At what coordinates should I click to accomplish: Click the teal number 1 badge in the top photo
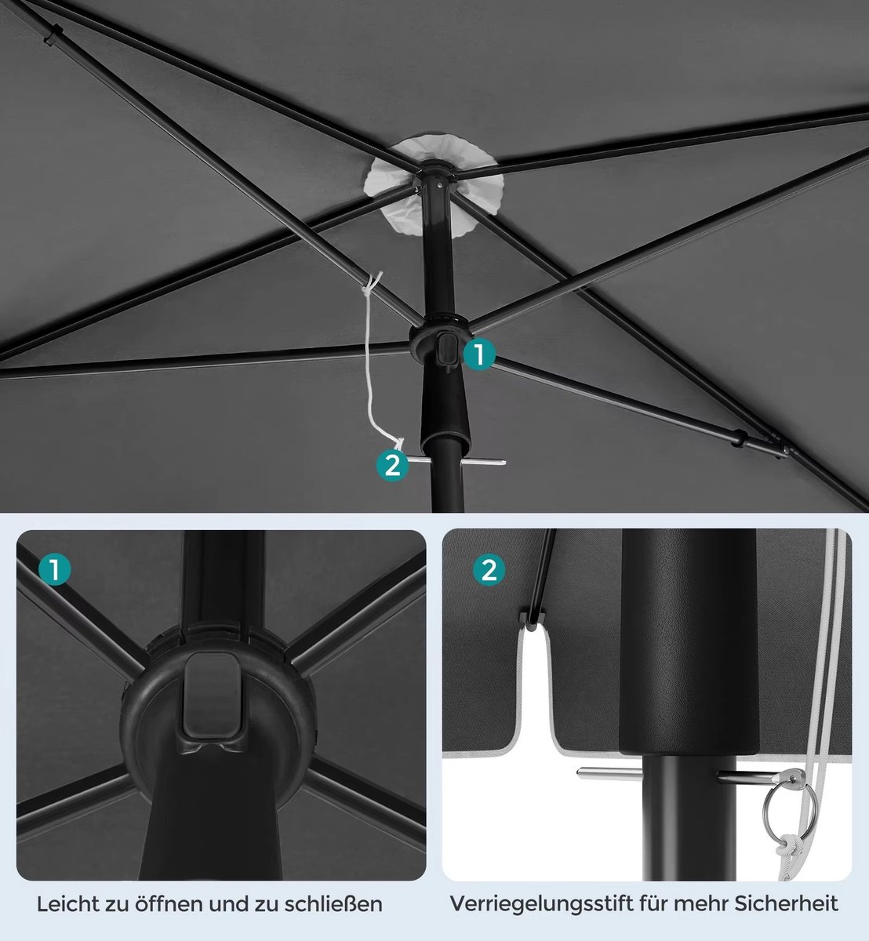pyautogui.click(x=479, y=354)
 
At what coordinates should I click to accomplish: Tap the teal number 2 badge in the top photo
pyautogui.click(x=393, y=465)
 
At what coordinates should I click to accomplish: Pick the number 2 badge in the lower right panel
pyautogui.click(x=489, y=569)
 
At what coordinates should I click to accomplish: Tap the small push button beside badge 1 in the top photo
pyautogui.click(x=446, y=351)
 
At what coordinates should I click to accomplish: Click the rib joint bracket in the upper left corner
pyautogui.click(x=53, y=35)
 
